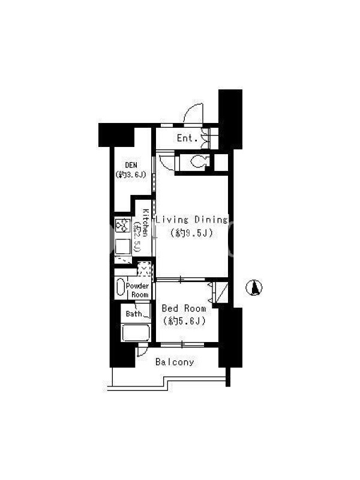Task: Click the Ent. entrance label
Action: pos(187,138)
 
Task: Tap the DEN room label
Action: pos(131,166)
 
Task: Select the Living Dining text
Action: pos(192,220)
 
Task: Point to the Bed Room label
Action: pos(184,308)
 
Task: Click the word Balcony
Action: pos(175,362)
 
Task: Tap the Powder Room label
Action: pos(137,290)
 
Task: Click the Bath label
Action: pos(134,314)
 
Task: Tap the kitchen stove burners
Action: pos(122,226)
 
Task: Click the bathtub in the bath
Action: pos(136,332)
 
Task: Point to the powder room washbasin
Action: pos(121,287)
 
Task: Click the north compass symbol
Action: pos(254,288)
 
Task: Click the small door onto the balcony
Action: pos(142,350)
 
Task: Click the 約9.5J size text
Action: pos(191,233)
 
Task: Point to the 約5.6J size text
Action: pos(184,321)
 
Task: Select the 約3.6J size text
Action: pos(131,175)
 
